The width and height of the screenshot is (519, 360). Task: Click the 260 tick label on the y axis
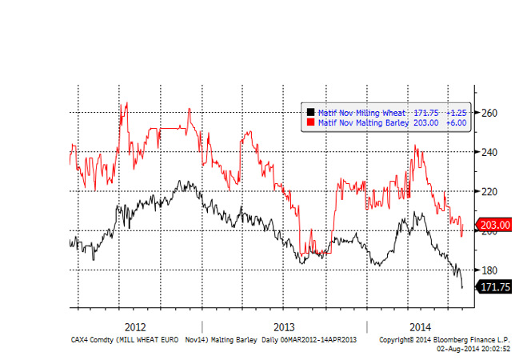[x=489, y=113]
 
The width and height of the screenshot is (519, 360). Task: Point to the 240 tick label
[x=489, y=152]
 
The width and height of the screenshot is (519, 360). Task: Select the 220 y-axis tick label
[x=489, y=191]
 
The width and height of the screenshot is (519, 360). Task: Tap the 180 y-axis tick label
[x=489, y=270]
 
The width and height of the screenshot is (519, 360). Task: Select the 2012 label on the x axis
[x=135, y=327]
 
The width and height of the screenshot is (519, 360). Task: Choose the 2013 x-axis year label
[x=284, y=327]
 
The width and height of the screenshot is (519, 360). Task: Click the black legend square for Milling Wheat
[x=312, y=113]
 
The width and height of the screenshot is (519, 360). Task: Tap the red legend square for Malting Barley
[x=312, y=123]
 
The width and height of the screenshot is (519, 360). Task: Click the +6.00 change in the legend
[x=456, y=123]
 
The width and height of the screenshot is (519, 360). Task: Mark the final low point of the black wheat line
[x=462, y=287]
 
